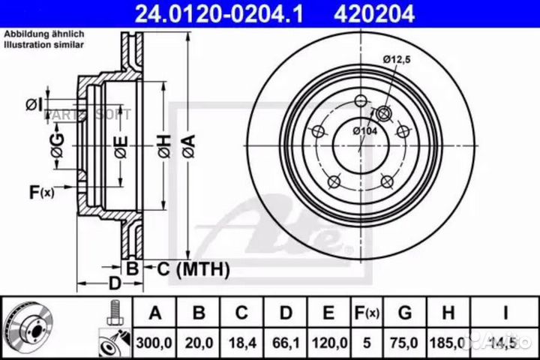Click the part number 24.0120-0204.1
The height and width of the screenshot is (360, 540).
[x=218, y=13]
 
